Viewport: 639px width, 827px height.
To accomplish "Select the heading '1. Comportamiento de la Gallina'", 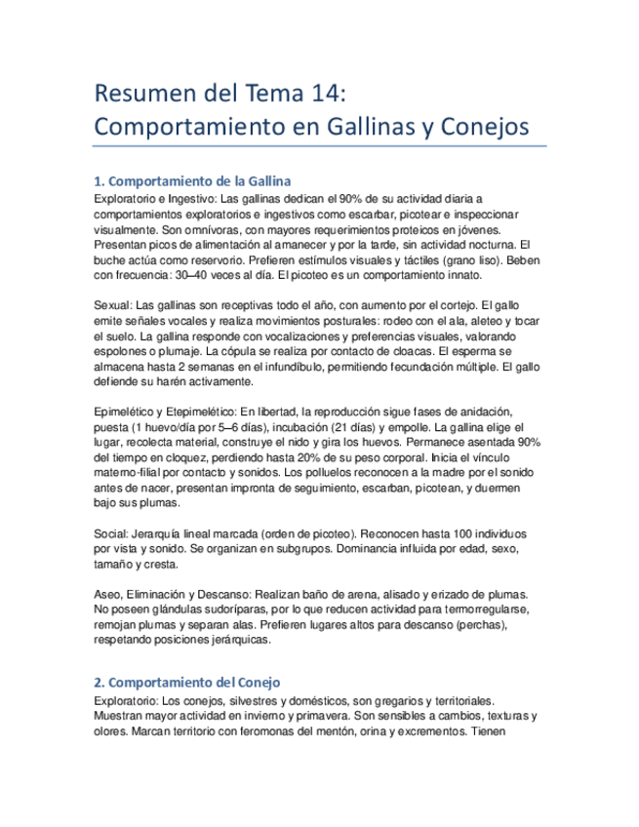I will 192,181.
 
